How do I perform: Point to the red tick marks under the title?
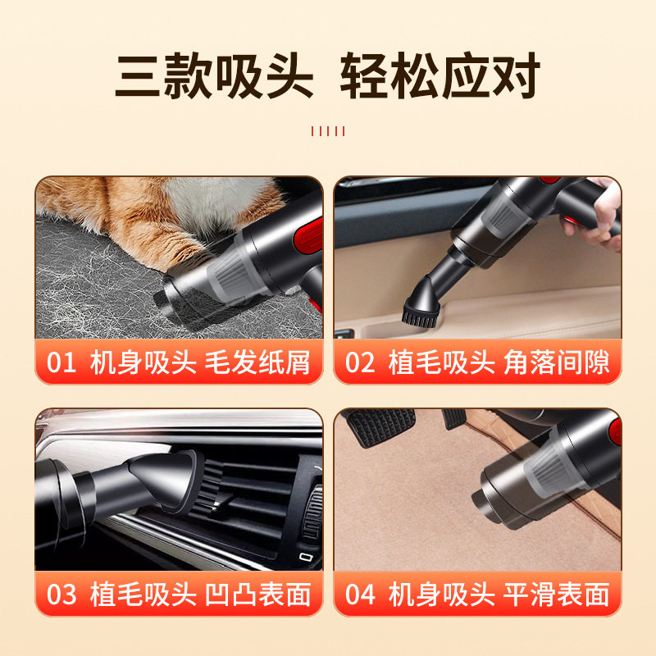click(x=328, y=131)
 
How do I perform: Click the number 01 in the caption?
click(x=61, y=362)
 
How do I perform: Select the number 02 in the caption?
click(x=360, y=362)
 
